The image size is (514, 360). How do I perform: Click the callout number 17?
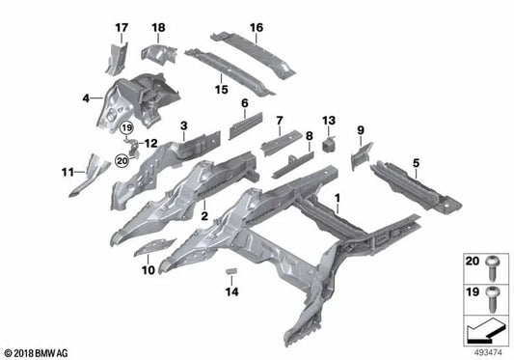point(122,26)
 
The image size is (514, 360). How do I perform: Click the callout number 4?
point(87,97)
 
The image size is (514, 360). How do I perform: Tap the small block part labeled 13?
point(328,143)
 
